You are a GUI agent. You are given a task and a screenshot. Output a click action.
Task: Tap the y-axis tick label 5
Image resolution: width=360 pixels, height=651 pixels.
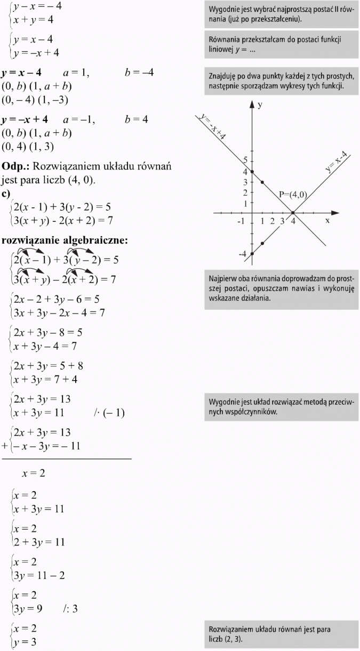[x=245, y=160]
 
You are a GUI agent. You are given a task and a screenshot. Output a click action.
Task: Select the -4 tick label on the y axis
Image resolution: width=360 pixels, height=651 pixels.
[x=243, y=254]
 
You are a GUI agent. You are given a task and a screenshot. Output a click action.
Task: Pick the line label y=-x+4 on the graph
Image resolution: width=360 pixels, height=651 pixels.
[x=212, y=126]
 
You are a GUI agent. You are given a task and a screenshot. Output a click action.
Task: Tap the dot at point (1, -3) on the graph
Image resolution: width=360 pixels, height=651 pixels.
[x=262, y=243]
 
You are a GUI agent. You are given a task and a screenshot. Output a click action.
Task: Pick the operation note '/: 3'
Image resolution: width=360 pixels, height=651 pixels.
[x=70, y=609]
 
